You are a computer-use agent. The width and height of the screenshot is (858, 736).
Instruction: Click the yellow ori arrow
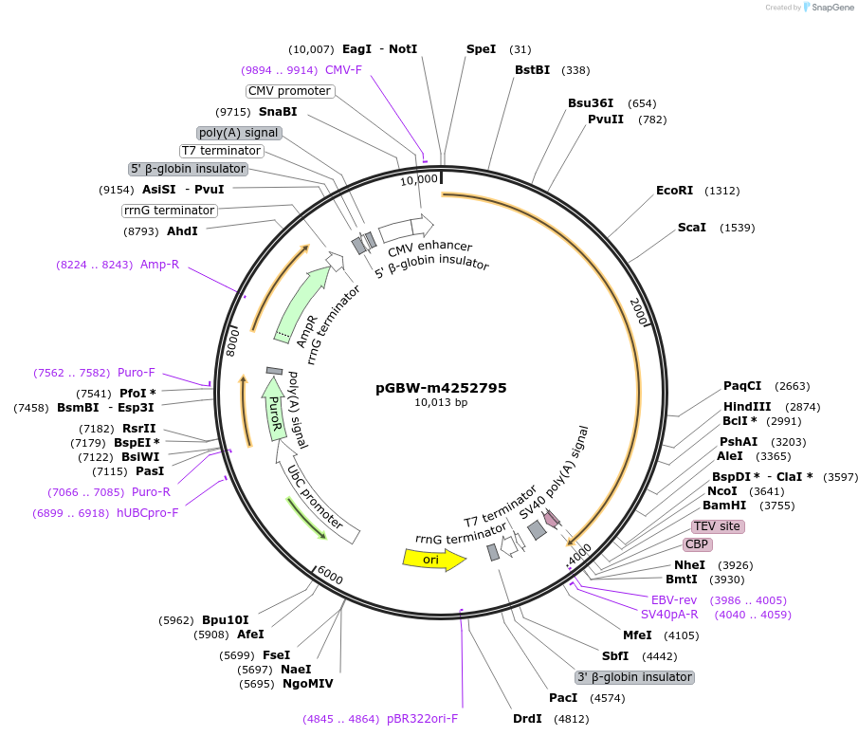click(x=434, y=560)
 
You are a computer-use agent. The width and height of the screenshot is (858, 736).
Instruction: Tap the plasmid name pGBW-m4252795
click(x=441, y=387)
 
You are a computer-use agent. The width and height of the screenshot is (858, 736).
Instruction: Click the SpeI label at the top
click(x=481, y=48)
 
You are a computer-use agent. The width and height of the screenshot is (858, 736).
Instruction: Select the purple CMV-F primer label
click(x=343, y=69)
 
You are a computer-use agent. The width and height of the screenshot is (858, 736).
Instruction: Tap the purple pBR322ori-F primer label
click(x=422, y=718)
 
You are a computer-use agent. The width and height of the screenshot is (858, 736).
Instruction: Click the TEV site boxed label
click(x=718, y=526)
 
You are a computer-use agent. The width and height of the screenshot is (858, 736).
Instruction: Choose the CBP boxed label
click(x=697, y=544)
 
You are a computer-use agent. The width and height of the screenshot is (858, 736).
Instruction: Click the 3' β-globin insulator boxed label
click(x=634, y=677)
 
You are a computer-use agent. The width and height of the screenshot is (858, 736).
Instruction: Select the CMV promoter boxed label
click(x=290, y=91)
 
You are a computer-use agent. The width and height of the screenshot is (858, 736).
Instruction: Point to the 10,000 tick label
click(x=418, y=178)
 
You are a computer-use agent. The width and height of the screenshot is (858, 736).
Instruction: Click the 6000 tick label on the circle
click(x=329, y=576)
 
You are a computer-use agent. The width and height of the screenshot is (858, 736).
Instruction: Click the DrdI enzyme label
click(x=527, y=718)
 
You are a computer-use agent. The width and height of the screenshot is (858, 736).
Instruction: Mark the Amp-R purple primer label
click(x=160, y=265)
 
